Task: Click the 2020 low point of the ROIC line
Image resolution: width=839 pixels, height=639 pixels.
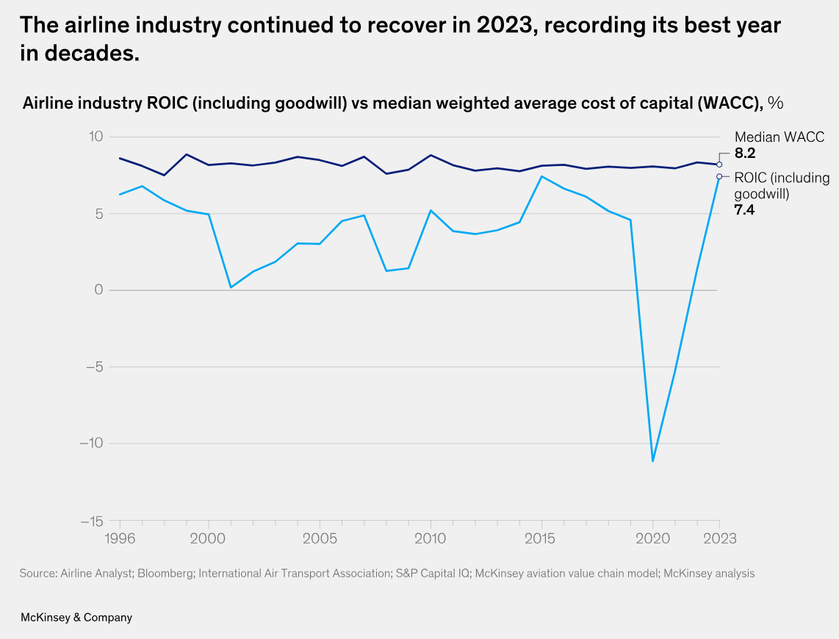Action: tap(652, 461)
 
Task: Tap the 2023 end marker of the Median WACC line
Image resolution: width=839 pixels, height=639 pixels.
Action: tap(719, 165)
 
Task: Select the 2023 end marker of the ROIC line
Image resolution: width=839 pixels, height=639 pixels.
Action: tap(719, 176)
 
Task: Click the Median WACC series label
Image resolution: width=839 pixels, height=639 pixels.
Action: tap(779, 137)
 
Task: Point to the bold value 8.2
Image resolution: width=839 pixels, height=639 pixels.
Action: tap(745, 154)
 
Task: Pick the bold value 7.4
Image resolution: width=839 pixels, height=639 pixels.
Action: tap(745, 210)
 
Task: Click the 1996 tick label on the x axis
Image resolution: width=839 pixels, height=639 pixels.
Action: tap(120, 538)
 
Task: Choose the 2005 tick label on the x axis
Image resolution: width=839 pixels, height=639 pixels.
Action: tap(320, 538)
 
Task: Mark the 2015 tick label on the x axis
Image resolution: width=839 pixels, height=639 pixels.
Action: tap(541, 538)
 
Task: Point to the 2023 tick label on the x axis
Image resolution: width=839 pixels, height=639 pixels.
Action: tap(719, 538)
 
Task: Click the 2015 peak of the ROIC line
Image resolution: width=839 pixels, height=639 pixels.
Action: tap(541, 176)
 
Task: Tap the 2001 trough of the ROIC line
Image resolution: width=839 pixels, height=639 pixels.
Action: tap(231, 287)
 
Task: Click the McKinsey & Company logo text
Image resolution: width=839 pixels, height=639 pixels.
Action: tap(76, 618)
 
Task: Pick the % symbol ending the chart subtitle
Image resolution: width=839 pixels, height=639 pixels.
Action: tap(775, 103)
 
